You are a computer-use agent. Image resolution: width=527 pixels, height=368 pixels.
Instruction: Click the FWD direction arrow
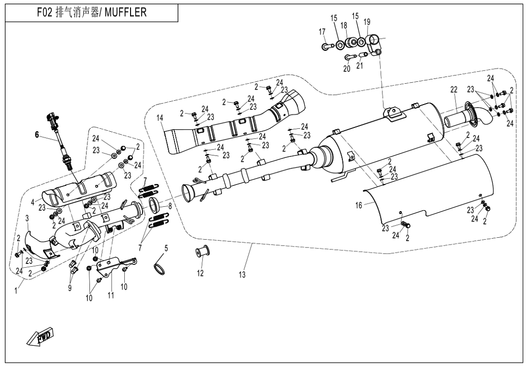[40, 337]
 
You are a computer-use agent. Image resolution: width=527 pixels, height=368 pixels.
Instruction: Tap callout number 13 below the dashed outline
[242, 275]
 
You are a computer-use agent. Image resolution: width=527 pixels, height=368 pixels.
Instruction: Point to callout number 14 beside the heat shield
[160, 118]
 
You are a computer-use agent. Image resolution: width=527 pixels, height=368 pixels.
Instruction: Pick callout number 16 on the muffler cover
[358, 205]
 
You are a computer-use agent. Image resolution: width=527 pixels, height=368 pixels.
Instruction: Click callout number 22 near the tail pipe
[454, 90]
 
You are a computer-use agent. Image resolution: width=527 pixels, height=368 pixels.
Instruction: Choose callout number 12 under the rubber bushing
[200, 274]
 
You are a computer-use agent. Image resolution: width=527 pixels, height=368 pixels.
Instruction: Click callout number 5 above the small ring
[166, 248]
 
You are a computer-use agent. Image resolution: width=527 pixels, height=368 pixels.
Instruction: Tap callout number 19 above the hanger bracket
[367, 22]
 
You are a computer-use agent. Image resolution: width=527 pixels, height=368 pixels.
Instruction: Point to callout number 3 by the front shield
[27, 218]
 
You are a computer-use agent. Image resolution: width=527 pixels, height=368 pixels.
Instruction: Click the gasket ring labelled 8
[153, 205]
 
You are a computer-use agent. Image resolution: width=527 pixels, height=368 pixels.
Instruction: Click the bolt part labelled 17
[326, 46]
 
